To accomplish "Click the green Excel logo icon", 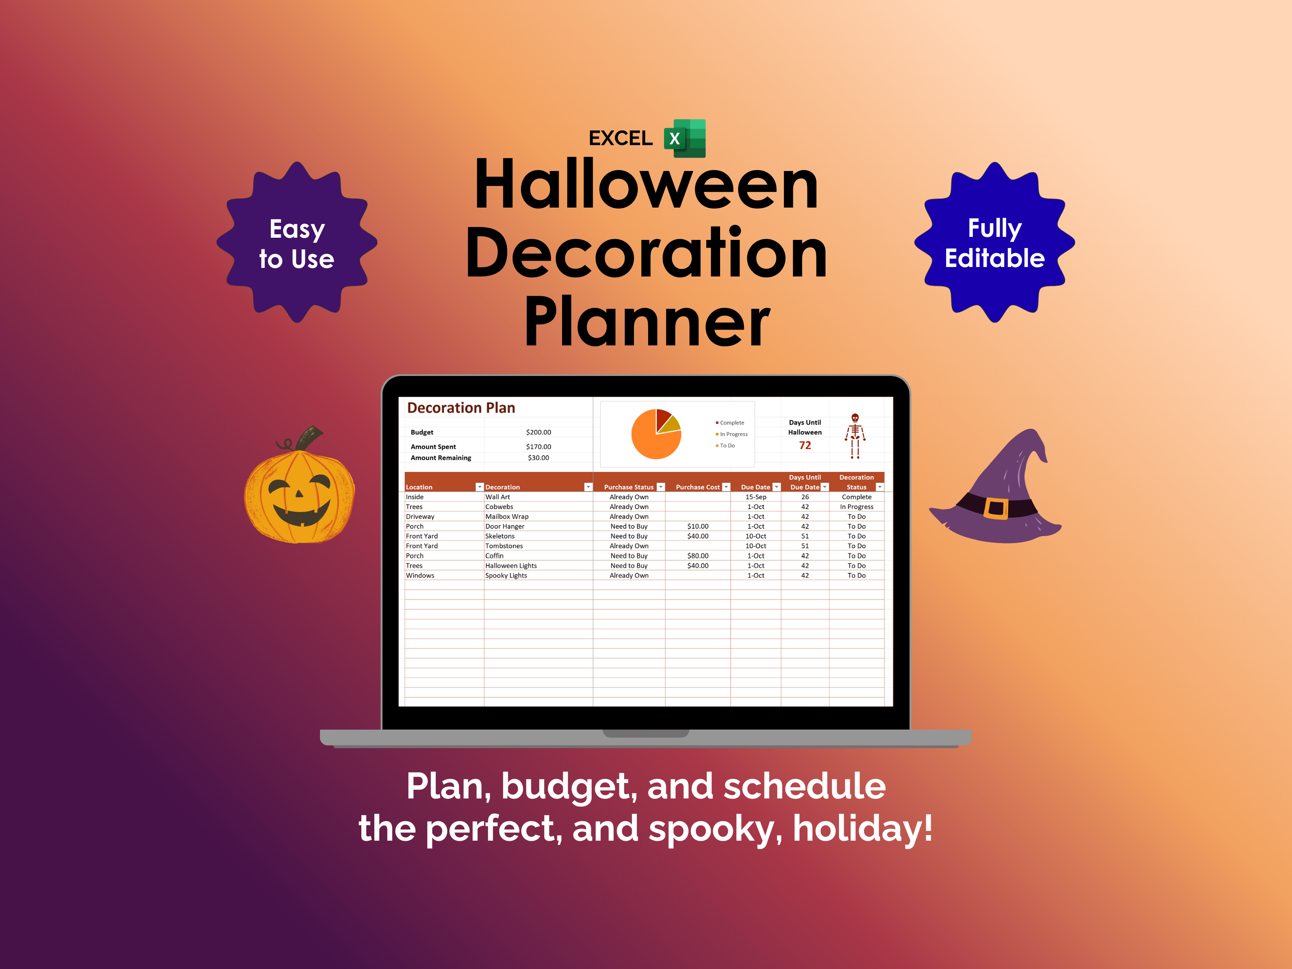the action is (685, 138).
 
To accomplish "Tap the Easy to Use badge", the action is (297, 242).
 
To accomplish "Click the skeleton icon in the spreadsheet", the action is (855, 436).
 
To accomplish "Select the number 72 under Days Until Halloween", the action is (805, 446).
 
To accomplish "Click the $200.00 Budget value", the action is (538, 432).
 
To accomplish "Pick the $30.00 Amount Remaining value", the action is (538, 458).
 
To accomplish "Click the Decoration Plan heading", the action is (461, 408).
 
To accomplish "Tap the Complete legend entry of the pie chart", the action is (730, 423).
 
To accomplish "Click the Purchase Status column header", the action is (628, 487).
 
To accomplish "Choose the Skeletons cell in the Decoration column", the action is (500, 536).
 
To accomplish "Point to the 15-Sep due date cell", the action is (756, 497).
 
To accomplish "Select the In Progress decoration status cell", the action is (856, 507).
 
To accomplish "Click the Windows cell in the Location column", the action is (420, 576).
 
